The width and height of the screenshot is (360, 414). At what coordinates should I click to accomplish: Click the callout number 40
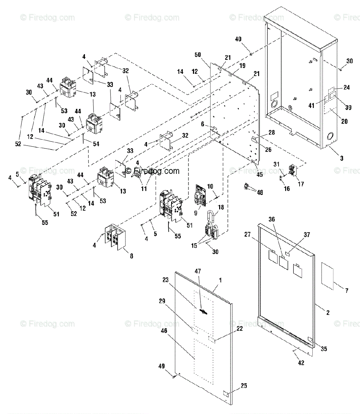[238, 39]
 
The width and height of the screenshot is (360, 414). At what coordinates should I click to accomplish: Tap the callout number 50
[198, 55]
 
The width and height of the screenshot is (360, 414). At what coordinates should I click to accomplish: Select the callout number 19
[242, 66]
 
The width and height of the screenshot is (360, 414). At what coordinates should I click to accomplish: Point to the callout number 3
[342, 158]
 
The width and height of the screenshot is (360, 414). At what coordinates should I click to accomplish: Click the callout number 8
[132, 256]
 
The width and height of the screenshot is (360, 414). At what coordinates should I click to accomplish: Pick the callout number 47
[198, 271]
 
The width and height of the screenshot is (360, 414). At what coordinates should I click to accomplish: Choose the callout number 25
[244, 386]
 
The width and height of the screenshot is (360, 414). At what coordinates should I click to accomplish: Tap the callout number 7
[347, 291]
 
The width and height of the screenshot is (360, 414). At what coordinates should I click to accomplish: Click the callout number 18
[221, 207]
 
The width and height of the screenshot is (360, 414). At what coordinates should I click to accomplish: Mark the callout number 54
[96, 144]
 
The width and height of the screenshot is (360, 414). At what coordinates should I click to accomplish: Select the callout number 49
[162, 366]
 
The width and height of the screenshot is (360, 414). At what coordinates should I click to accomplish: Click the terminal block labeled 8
[115, 237]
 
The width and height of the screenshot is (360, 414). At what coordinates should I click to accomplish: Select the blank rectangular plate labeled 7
[327, 276]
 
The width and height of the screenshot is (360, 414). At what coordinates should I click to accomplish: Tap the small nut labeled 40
[251, 54]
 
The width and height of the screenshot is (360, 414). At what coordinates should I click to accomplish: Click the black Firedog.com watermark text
[152, 171]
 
